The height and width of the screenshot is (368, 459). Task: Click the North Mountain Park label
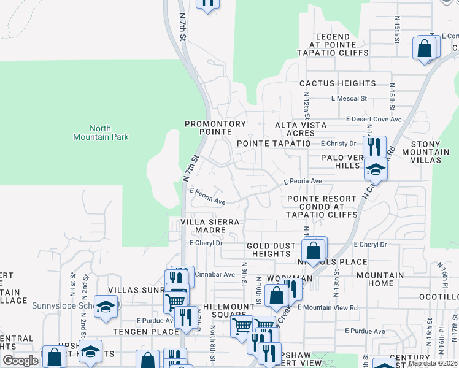coord(101,133)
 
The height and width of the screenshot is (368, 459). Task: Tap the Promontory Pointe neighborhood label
coord(215,128)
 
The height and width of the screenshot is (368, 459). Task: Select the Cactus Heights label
coord(337,83)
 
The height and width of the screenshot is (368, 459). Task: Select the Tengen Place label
coord(140,332)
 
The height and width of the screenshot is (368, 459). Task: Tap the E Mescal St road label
coord(349,98)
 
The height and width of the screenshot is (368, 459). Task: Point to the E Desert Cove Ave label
coord(374,119)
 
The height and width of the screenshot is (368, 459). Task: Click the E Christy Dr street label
coord(338,144)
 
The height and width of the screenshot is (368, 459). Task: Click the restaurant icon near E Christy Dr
coord(374,147)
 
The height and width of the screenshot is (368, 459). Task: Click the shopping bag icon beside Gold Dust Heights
coord(314,250)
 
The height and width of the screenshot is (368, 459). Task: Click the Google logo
coord(20,361)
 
